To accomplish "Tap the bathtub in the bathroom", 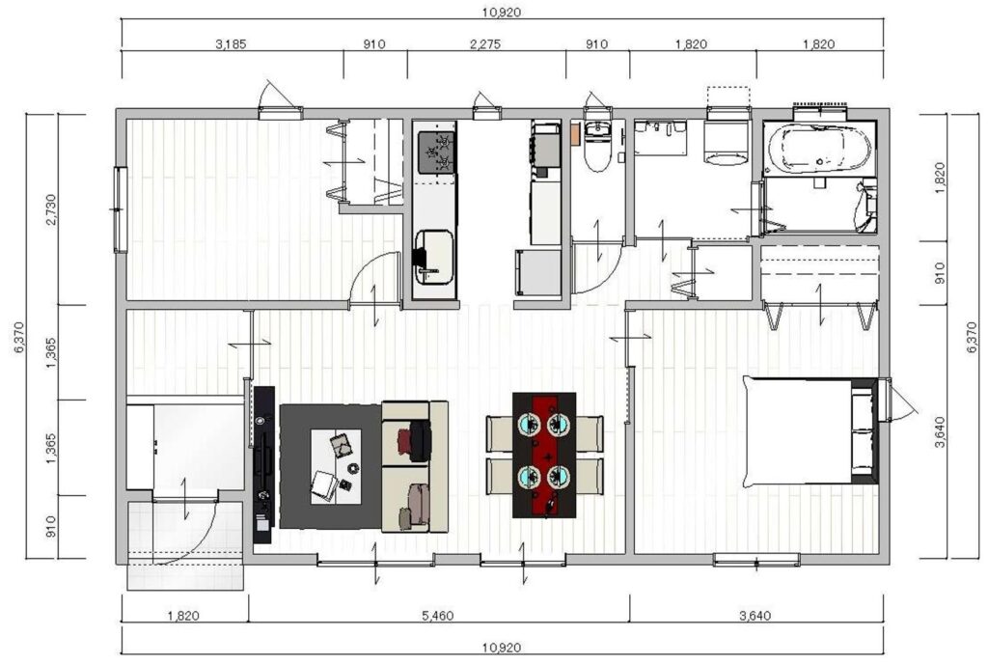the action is click(x=818, y=150).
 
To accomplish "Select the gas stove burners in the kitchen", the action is click(x=435, y=152).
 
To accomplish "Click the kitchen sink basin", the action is click(x=435, y=258).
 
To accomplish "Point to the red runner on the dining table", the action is click(x=544, y=455).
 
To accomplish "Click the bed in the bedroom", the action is click(x=810, y=430).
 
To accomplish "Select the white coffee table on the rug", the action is click(x=336, y=466).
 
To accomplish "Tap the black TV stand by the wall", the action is click(x=264, y=464).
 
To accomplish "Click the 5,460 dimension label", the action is click(x=438, y=616).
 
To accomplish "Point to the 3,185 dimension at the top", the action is click(x=232, y=44).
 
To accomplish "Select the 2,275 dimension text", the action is click(x=485, y=44).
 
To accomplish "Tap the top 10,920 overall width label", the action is click(x=502, y=12).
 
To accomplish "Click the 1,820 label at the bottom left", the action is click(x=184, y=616).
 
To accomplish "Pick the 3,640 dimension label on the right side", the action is click(x=940, y=432).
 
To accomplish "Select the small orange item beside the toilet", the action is click(x=575, y=134).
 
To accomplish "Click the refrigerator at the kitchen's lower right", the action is click(x=538, y=272).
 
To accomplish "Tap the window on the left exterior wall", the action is click(x=121, y=209).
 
